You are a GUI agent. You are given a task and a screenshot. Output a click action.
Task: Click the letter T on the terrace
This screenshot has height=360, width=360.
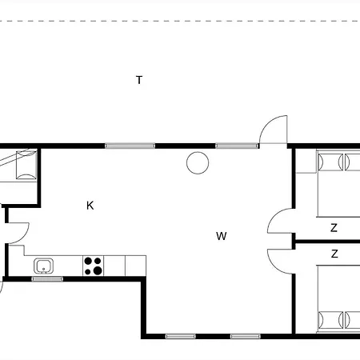pos(139,80)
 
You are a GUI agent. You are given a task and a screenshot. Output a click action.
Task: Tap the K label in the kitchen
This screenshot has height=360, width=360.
pos(90,206)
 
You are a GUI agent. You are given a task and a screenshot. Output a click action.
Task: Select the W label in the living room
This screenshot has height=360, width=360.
pos(221,236)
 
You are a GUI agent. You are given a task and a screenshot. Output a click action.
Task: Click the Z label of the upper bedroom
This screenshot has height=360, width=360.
pos(334,228)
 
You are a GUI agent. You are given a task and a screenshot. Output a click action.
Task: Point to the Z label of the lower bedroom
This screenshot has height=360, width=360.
pos(334,254)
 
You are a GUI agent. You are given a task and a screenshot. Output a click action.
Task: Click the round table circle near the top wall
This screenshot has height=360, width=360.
pos(197,163)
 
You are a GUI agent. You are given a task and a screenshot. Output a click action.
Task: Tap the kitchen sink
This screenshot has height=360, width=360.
pos(43,266)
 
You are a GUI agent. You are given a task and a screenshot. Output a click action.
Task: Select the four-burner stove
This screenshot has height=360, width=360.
pos(94,265)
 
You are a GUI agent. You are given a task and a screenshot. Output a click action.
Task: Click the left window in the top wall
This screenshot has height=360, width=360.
pos(130,146)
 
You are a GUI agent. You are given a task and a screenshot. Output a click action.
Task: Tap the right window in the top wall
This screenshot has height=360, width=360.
pos(237,146)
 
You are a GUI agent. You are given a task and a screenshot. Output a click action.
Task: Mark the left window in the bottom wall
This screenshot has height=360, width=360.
pos(182,336)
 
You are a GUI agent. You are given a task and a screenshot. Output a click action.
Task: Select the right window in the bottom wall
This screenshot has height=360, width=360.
pos(246,336)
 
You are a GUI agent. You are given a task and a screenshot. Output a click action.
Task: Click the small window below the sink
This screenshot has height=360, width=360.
pos(47,278)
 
